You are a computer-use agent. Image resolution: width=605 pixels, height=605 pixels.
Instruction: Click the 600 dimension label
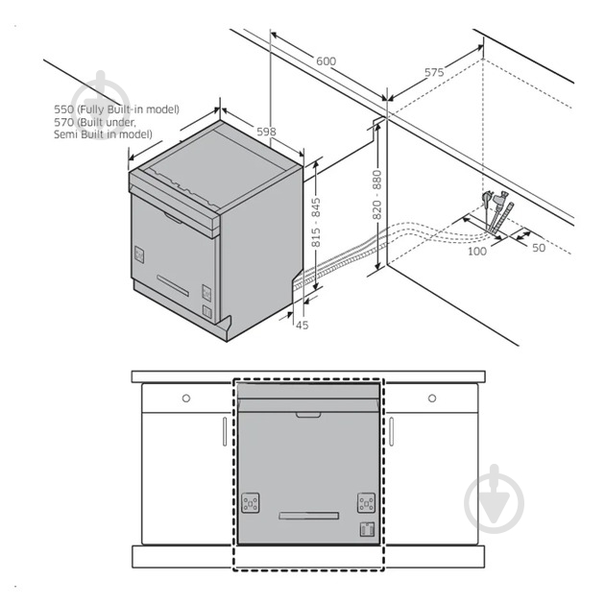[326, 61]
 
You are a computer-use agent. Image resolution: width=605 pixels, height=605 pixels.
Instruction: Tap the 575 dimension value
[434, 73]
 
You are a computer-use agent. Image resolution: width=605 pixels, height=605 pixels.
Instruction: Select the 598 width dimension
[266, 132]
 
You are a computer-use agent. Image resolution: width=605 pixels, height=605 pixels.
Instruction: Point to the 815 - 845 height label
[316, 222]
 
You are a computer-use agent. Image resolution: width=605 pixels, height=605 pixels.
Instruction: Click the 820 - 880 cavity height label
[377, 195]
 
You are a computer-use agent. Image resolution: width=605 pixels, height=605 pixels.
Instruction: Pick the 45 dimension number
[302, 326]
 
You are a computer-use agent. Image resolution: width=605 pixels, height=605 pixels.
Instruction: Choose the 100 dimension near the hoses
[477, 252]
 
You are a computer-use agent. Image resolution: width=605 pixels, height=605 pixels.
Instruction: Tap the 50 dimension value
[539, 248]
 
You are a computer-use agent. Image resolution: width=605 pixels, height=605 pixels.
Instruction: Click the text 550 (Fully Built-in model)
[116, 109]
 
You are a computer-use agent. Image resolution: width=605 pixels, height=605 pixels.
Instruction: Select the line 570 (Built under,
[95, 122]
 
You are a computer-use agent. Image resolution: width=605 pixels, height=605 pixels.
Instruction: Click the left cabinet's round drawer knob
[186, 398]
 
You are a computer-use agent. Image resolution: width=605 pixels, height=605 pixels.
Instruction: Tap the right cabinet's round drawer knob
[432, 398]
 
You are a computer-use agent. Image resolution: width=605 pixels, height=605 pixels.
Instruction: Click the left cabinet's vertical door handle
[225, 431]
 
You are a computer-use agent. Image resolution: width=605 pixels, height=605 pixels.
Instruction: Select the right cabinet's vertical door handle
[391, 431]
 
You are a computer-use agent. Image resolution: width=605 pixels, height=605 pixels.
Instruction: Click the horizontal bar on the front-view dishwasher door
[309, 516]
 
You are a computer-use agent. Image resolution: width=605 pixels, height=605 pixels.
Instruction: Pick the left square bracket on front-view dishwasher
[251, 503]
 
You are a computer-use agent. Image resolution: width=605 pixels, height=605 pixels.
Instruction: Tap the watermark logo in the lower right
[495, 499]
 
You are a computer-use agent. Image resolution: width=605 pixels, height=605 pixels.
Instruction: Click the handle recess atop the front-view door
[308, 415]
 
